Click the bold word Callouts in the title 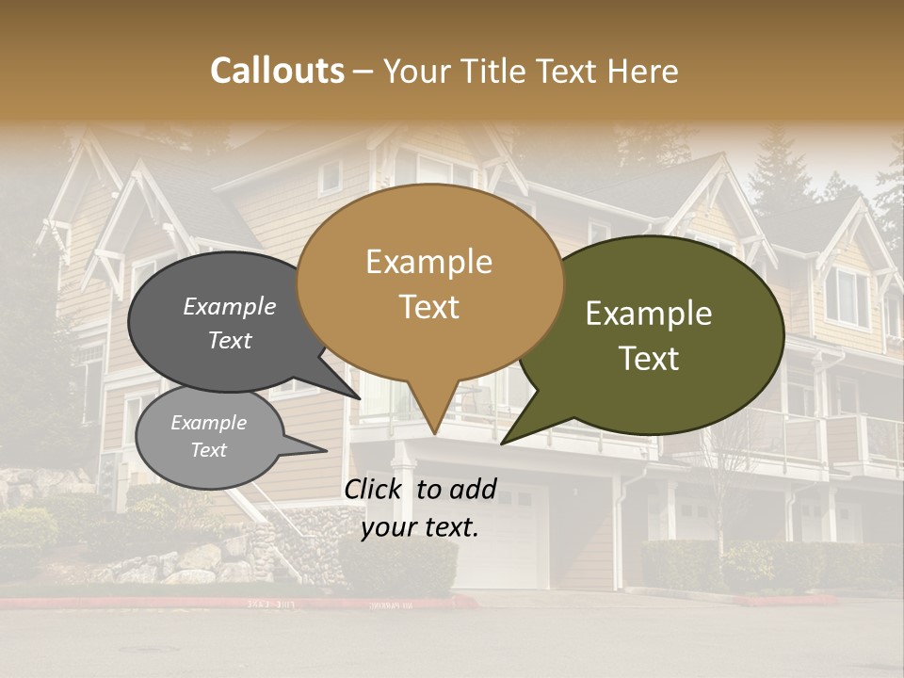pos(277,71)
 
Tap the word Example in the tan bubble pos(428,262)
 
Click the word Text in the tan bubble pos(428,307)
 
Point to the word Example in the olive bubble pos(649,314)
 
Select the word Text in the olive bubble pos(649,359)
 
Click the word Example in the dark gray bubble pos(229,307)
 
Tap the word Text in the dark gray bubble pos(229,341)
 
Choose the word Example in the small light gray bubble pos(208,423)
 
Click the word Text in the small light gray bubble pos(208,450)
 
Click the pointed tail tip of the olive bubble pos(502,444)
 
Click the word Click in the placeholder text pos(374,489)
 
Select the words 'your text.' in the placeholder pos(419,527)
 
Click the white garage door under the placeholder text pos(499,556)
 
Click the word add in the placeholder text pos(474,489)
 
